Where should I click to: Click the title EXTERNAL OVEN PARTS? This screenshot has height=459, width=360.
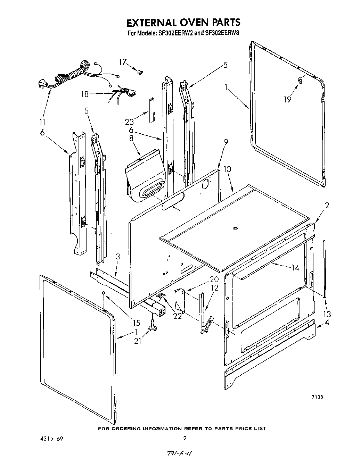point(183,22)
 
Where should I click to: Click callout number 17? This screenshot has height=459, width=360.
point(123,62)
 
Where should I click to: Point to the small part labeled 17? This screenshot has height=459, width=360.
point(141,72)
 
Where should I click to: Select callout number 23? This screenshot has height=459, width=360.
point(129,122)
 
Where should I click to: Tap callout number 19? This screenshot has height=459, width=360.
point(287,99)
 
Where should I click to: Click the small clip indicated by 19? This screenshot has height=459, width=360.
point(300,80)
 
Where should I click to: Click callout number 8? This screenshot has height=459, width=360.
point(131,138)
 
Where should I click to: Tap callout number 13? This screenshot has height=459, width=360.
point(326,314)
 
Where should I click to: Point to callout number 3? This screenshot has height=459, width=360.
point(118,257)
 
